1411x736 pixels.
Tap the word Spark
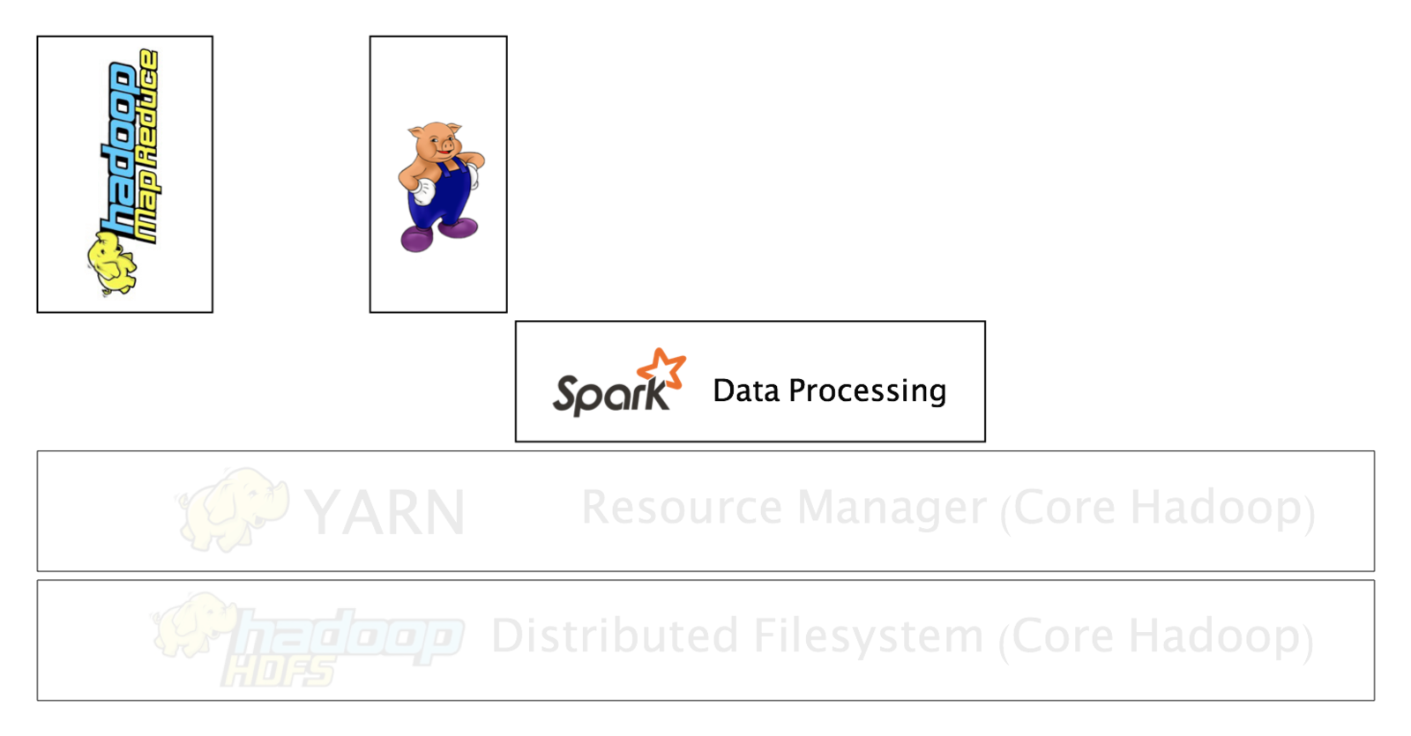(608, 395)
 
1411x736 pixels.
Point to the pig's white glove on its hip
(426, 191)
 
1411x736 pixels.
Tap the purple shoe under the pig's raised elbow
(458, 228)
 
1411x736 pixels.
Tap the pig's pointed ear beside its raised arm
(456, 130)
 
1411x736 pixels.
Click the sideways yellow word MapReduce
(148, 145)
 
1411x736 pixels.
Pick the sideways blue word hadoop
(119, 145)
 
